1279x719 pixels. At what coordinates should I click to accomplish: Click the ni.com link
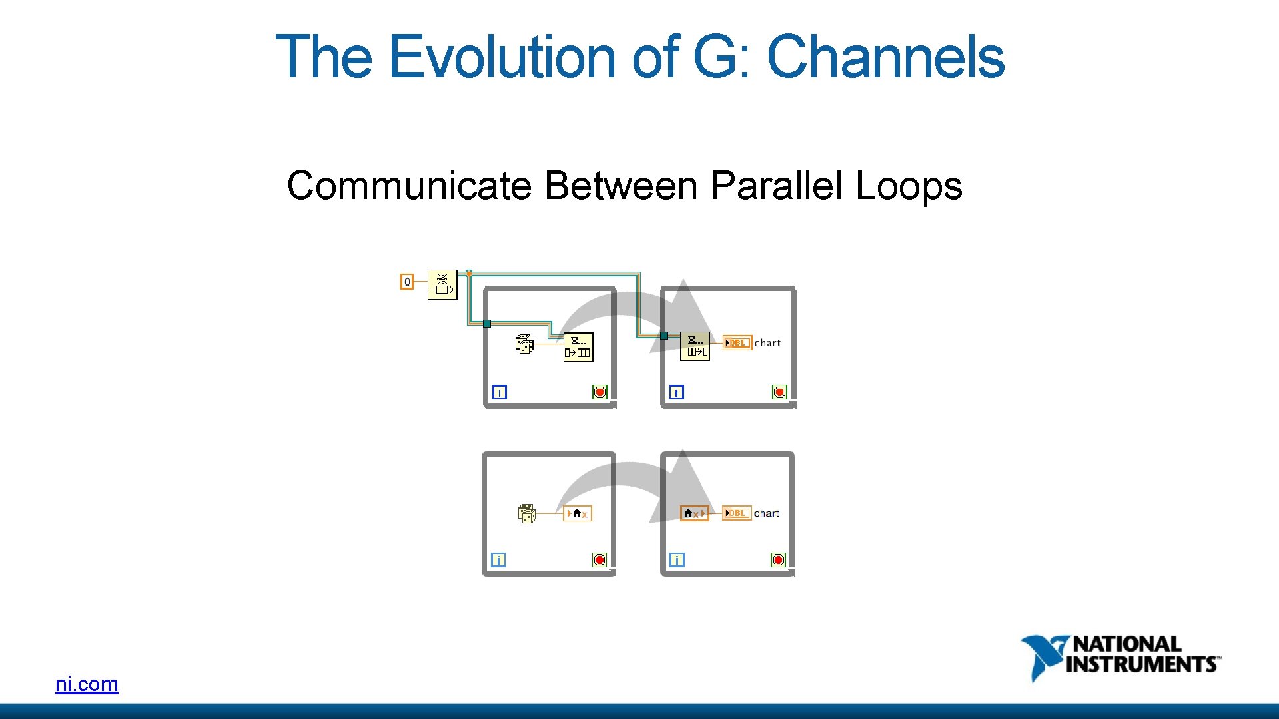(87, 684)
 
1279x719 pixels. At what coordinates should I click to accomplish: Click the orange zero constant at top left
(406, 282)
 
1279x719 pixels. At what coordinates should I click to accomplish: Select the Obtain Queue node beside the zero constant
(442, 284)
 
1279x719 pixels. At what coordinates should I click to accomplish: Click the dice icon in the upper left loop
(524, 344)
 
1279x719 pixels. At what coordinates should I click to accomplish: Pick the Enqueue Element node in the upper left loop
(578, 347)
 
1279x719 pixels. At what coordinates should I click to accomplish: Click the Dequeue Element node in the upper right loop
(695, 346)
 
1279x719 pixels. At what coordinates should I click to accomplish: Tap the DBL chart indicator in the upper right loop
(737, 342)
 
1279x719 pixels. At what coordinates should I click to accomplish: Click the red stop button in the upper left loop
(600, 392)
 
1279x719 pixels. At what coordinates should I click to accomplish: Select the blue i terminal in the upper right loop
(676, 392)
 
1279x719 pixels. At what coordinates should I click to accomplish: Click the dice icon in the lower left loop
(527, 513)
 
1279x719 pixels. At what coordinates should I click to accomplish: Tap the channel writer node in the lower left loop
(577, 513)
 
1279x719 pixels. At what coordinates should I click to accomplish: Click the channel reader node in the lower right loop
(694, 513)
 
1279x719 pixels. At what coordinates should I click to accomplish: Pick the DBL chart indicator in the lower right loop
(736, 513)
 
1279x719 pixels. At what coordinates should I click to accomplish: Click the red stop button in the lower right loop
(778, 560)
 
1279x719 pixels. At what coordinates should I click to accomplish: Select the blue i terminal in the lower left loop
(498, 560)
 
